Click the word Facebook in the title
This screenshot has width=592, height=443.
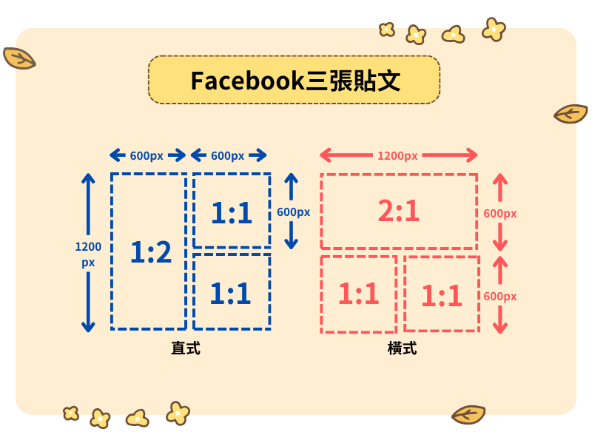[247, 81]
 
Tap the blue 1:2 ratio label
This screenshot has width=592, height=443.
[151, 253]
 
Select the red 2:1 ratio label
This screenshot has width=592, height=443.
[399, 212]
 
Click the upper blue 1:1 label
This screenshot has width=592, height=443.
[232, 213]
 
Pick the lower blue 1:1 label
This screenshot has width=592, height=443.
[231, 294]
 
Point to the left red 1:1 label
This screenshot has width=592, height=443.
[359, 294]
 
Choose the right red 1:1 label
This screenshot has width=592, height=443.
[442, 296]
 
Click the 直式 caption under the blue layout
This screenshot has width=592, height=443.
[185, 348]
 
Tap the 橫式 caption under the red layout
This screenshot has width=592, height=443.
[402, 348]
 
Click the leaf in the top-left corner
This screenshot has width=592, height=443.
[19, 58]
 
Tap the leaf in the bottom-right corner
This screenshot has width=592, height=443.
[468, 414]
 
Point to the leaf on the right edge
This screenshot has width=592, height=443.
[571, 113]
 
